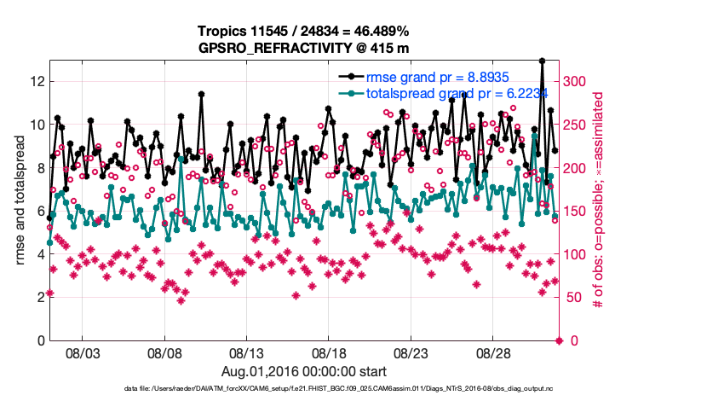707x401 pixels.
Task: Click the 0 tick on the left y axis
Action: coord(39,340)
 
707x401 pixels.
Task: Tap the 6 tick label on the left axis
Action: coord(39,211)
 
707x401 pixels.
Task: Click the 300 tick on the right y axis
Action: coord(577,81)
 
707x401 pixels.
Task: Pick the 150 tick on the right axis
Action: coord(577,211)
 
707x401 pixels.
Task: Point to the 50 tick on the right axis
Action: coord(573,297)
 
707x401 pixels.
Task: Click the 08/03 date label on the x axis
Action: coord(83,353)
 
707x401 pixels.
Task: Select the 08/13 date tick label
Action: coord(247,353)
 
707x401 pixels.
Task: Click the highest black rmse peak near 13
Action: coord(542,61)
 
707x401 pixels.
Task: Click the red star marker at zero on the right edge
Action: coord(559,340)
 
